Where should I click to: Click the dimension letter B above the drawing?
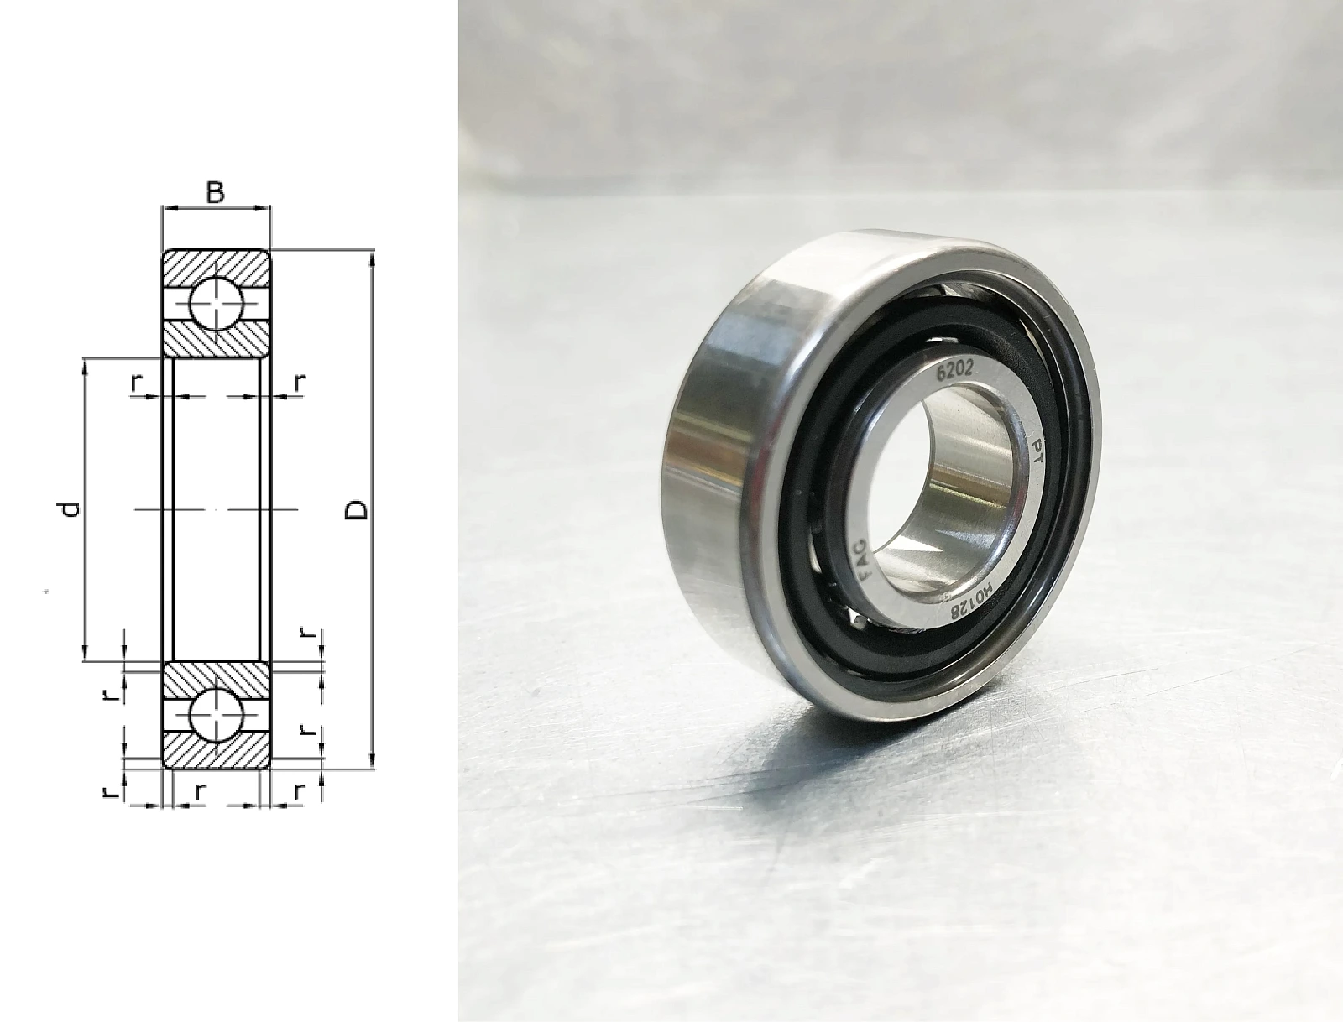tap(216, 192)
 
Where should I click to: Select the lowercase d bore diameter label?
tap(71, 508)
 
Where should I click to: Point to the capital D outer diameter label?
tap(357, 509)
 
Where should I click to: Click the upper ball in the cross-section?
tap(217, 303)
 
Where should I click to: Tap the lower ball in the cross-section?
tap(217, 714)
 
